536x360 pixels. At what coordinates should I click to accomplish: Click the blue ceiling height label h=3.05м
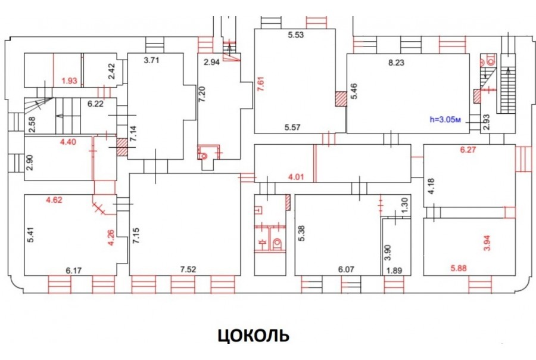point(445,119)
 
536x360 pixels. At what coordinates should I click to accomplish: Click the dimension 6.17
point(74,270)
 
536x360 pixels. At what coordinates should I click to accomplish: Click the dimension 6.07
point(347,269)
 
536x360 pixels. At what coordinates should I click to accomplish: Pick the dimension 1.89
point(395,271)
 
